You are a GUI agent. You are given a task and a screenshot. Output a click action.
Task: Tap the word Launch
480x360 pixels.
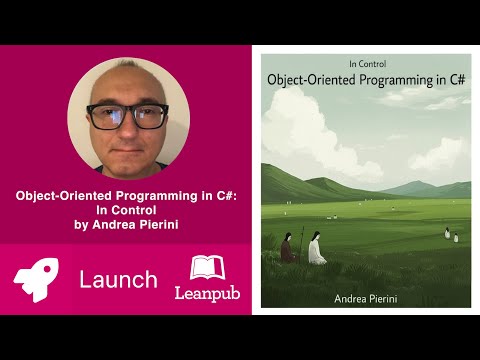[x=118, y=279]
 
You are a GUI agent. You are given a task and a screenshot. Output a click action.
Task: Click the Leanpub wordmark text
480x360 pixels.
[x=204, y=292]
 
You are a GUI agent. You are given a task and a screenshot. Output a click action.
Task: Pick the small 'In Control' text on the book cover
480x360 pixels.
[x=363, y=62]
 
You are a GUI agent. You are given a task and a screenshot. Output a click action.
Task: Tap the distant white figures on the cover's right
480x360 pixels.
[x=451, y=235]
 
